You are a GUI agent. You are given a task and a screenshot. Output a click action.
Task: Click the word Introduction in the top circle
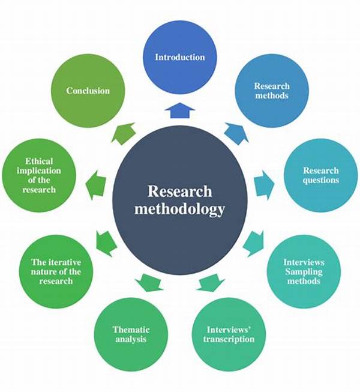click(180, 58)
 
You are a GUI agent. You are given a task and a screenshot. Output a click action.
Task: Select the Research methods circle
click(271, 91)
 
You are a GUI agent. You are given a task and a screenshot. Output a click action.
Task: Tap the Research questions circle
click(320, 175)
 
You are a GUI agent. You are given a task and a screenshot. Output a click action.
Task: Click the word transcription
click(230, 339)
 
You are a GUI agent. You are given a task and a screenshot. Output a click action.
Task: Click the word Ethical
click(39, 161)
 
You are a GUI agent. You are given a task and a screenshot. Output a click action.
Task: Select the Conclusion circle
click(88, 91)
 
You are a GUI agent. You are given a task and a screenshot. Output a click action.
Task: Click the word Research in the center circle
click(180, 191)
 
